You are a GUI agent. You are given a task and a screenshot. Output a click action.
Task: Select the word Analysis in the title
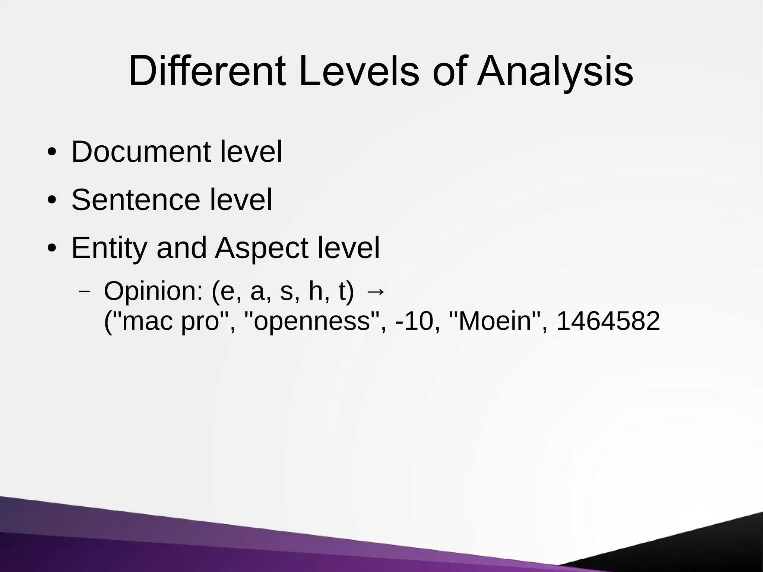click(x=555, y=72)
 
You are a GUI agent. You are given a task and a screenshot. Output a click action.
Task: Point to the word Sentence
click(x=136, y=200)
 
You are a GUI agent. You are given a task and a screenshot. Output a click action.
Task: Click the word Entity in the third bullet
click(x=109, y=249)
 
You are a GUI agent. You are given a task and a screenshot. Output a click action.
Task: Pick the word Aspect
click(x=262, y=249)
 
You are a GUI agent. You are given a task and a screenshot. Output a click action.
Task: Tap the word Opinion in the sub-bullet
click(x=153, y=291)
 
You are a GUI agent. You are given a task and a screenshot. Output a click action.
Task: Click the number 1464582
click(x=608, y=321)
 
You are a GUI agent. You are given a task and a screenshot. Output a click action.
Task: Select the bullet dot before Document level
click(x=52, y=153)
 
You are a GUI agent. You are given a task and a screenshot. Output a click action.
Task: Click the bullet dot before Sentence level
click(x=52, y=201)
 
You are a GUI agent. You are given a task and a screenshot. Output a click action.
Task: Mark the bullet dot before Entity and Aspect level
click(x=52, y=249)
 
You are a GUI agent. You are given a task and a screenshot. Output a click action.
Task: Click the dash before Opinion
click(x=85, y=292)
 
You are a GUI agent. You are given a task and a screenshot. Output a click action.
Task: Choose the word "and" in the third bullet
click(x=181, y=248)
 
